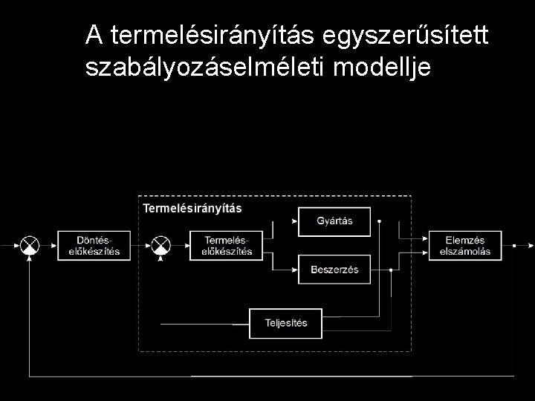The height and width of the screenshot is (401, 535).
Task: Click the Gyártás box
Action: click(334, 221)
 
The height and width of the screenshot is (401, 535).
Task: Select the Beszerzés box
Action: click(334, 269)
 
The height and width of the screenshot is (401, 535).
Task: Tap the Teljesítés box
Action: click(285, 323)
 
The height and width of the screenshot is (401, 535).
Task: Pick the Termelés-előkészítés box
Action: click(226, 245)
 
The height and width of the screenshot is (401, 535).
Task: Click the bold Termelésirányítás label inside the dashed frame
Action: click(192, 208)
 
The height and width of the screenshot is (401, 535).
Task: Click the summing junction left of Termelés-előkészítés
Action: click(161, 245)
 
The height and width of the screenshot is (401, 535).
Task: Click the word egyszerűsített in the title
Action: click(405, 34)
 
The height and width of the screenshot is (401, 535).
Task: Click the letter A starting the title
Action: click(94, 34)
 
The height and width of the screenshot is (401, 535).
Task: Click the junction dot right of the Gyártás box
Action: click(379, 221)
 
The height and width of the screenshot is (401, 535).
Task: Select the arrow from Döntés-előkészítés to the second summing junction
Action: click(141, 245)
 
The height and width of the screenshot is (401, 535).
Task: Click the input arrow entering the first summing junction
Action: click(10, 245)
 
